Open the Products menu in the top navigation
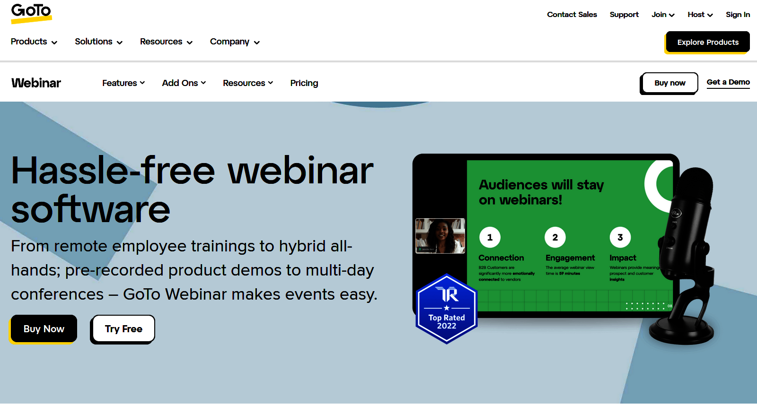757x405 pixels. pos(34,42)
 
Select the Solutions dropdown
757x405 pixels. pos(98,42)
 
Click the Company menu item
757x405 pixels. pos(235,42)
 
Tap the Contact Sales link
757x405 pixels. pos(572,15)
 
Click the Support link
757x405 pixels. pos(624,15)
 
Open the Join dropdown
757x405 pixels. pos(663,15)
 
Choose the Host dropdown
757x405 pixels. pos(700,15)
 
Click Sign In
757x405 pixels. pos(738,15)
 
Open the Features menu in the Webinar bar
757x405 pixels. pos(123,83)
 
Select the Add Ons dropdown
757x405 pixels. pos(184,83)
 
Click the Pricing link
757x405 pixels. pos(304,83)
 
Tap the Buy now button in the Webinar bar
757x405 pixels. pos(669,83)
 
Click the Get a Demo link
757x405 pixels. pos(728,82)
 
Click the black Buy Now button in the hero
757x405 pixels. pos(44,329)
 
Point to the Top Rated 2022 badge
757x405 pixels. pos(447,309)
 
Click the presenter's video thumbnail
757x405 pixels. pos(440,236)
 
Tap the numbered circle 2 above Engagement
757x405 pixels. pos(555,237)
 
